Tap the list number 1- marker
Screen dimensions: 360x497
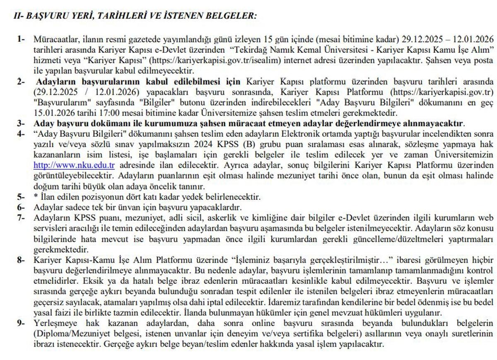21,39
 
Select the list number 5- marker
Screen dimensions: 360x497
21,197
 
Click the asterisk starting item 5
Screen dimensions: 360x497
36,197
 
